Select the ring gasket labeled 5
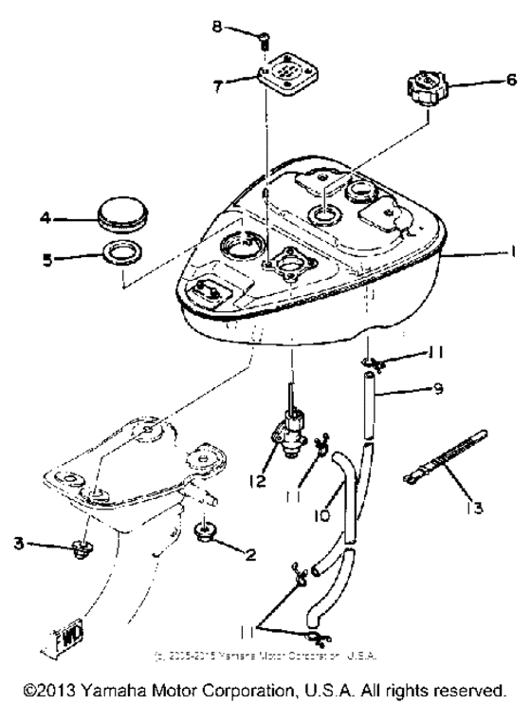122,254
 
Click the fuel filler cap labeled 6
429,93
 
